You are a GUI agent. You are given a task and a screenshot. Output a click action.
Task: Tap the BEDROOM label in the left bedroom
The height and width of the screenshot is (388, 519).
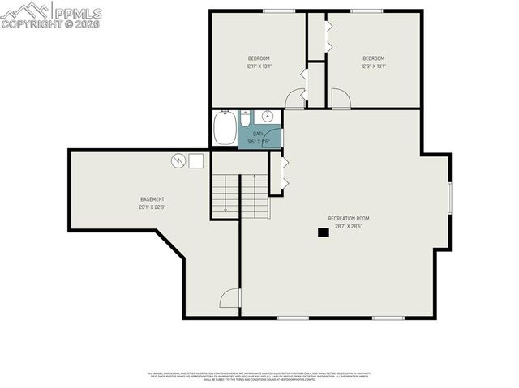[259, 58]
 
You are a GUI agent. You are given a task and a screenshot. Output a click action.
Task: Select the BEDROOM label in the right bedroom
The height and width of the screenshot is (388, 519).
[373, 58]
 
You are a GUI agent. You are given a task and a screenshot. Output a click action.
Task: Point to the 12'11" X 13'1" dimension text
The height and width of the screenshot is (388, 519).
[259, 66]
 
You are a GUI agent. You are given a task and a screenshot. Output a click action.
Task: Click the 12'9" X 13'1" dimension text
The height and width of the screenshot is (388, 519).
[373, 66]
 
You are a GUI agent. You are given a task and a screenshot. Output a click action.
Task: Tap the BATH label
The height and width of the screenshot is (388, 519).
[259, 134]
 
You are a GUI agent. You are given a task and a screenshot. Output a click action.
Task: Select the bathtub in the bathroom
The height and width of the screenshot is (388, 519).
[225, 129]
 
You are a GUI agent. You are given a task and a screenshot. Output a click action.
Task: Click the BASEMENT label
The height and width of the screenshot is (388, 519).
[152, 199]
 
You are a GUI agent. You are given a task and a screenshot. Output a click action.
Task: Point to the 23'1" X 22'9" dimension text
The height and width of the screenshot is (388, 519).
[152, 207]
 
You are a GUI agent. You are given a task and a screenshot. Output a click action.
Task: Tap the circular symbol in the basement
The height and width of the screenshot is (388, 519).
[178, 160]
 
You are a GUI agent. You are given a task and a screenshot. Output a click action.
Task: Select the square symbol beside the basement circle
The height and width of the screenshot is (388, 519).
[196, 160]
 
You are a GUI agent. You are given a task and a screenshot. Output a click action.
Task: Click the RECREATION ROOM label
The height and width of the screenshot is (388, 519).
[349, 219]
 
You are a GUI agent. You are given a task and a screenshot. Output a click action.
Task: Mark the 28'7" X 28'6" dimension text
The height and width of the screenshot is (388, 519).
[349, 227]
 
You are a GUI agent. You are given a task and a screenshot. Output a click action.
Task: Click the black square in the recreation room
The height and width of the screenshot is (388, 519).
[323, 232]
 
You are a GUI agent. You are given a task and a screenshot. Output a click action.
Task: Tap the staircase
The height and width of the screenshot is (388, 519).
[238, 196]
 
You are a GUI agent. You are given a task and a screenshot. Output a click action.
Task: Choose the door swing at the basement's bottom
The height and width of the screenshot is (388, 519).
[231, 299]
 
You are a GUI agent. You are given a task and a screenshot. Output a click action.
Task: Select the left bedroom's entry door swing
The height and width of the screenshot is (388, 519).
[296, 98]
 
